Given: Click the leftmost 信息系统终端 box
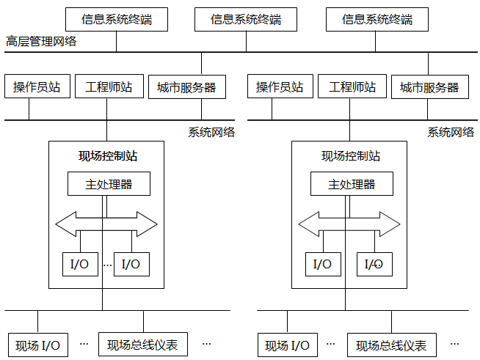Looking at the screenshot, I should (x=116, y=19).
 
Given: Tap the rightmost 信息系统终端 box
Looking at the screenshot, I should (x=377, y=19).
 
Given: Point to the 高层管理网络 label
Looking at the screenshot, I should (x=41, y=41).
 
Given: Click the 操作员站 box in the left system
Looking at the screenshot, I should (x=37, y=87).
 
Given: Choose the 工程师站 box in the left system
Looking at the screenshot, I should (x=109, y=87).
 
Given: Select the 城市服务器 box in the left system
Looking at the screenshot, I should (x=186, y=87).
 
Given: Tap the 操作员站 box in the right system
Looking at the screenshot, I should (x=280, y=87).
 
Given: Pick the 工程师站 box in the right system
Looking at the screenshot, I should (x=352, y=87).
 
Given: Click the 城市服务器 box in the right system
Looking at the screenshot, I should (x=429, y=87).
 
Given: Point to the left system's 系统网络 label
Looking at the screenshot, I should (x=211, y=132).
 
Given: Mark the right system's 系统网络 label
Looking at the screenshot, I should (x=451, y=132).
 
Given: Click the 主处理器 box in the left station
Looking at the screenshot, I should (x=109, y=184).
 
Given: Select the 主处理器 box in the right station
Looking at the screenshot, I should (x=352, y=184).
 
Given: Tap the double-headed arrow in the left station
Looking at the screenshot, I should (x=106, y=223).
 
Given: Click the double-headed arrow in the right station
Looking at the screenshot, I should (x=349, y=223).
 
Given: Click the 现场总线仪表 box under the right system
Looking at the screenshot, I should (x=391, y=345).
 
